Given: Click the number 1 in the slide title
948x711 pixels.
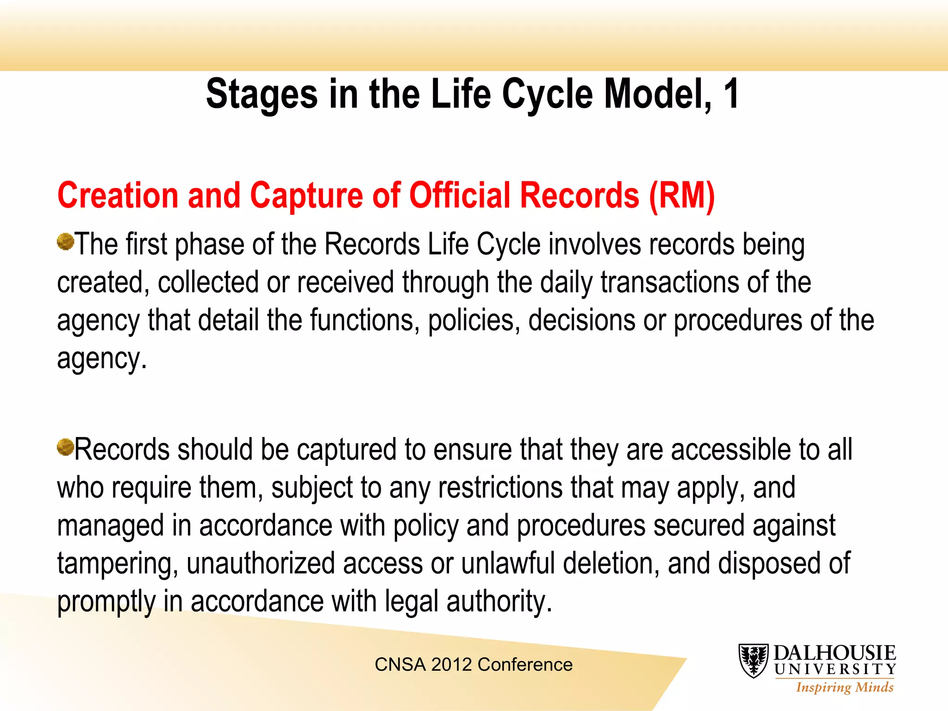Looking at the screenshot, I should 731,94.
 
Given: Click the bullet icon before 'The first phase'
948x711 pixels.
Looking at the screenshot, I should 65,241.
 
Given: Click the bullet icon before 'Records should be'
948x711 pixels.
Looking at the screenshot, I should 65,447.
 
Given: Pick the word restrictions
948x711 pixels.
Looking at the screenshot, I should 500,488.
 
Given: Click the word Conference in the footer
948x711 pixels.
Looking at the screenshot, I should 525,665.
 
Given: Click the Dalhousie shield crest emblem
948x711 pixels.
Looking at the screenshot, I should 754,661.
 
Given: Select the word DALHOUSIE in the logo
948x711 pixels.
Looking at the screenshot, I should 835,653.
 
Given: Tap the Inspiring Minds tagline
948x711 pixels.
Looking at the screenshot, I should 845,687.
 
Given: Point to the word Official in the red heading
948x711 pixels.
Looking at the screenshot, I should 460,195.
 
